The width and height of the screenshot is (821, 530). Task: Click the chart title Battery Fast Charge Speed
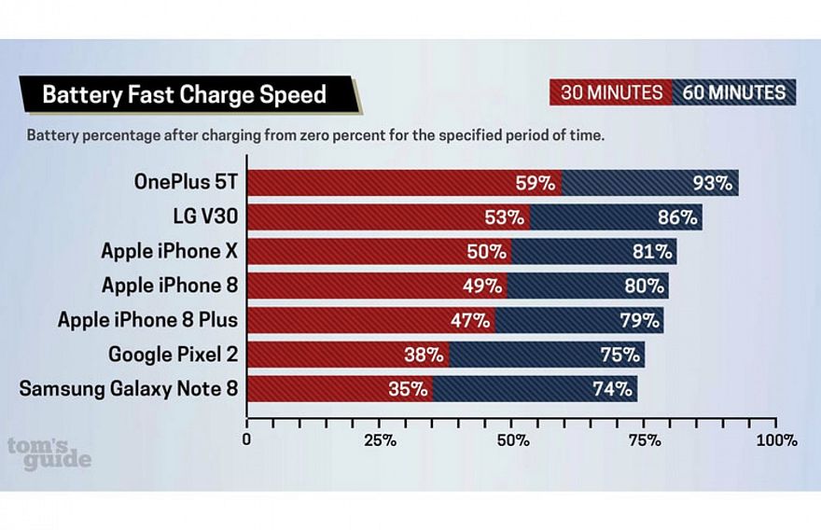tap(184, 94)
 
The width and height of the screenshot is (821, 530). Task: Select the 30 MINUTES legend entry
tap(612, 92)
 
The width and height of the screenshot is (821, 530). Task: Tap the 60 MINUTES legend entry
tap(733, 92)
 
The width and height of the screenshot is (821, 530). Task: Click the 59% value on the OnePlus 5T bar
tap(536, 183)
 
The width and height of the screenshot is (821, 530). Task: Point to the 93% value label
tap(711, 183)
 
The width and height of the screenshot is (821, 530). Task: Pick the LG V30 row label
tap(205, 217)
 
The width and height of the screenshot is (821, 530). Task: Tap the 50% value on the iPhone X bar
tap(486, 252)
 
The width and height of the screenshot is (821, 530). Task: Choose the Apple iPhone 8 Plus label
tap(147, 320)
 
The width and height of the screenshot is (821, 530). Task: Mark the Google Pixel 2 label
tap(173, 355)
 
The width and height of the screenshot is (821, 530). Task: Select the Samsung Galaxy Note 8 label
tap(129, 388)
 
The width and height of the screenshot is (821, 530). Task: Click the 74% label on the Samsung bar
tap(611, 388)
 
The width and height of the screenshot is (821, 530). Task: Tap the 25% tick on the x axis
tap(379, 439)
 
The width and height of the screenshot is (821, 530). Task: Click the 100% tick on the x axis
tap(777, 439)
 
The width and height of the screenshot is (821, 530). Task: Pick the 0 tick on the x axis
tap(246, 439)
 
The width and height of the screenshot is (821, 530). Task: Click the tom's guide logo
tap(49, 453)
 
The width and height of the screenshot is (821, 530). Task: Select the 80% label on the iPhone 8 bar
tap(643, 286)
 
